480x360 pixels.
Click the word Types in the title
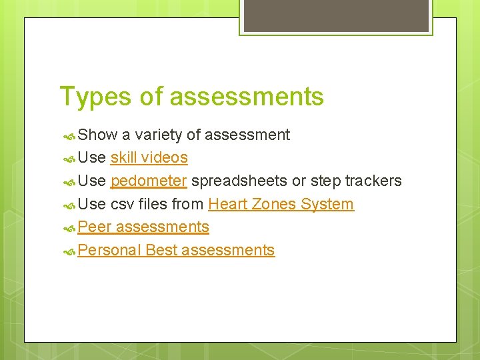tap(96, 97)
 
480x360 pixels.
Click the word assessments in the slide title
tap(247, 97)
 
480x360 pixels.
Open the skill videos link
tap(149, 158)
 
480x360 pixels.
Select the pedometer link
tap(149, 181)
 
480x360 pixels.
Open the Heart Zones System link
tap(281, 204)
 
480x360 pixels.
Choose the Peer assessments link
tap(143, 227)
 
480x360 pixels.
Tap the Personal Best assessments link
tap(176, 250)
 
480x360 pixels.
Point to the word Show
tap(97, 135)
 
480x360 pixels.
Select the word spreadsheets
tap(239, 181)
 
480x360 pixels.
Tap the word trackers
tap(373, 181)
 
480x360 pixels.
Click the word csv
tap(123, 204)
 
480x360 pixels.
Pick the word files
tap(153, 204)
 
